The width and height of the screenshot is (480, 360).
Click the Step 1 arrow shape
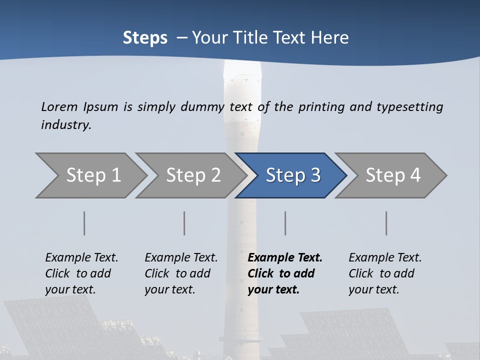[x=92, y=175]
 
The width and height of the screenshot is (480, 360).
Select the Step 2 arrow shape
[x=192, y=175]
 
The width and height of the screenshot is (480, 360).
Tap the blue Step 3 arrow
[x=292, y=175]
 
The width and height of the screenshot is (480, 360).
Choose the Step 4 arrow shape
[x=392, y=175]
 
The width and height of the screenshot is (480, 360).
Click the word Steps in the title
[x=145, y=38]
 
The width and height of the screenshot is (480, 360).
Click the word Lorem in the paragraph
[x=59, y=106]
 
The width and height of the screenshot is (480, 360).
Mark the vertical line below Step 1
[x=84, y=223]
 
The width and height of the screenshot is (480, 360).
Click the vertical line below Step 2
[x=184, y=223]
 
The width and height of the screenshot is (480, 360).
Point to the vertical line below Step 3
[x=285, y=223]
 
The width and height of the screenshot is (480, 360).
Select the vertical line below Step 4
[x=386, y=223]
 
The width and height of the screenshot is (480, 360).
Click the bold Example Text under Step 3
[x=285, y=257]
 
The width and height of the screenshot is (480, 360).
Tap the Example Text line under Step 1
[x=81, y=257]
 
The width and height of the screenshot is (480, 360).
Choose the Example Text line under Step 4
[x=385, y=257]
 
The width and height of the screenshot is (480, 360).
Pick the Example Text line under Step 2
[x=181, y=257]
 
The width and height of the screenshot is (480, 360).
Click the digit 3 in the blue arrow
[x=315, y=175]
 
